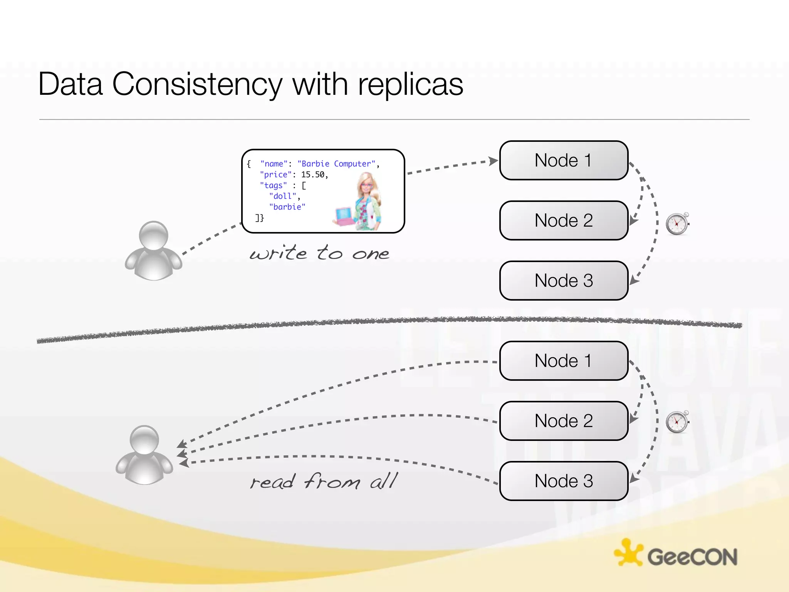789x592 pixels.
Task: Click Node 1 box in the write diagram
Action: click(564, 160)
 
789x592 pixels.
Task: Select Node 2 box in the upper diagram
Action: click(564, 220)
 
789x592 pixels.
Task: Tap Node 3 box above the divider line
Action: click(564, 281)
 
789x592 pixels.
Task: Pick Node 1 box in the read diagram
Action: click(564, 361)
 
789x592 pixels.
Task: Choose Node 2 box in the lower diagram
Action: click(564, 421)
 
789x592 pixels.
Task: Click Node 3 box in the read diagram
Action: click(564, 481)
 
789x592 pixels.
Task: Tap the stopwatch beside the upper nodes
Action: click(677, 224)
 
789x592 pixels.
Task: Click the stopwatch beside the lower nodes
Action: click(677, 422)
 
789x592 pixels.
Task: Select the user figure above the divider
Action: click(153, 251)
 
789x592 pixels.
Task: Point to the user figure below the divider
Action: click(144, 455)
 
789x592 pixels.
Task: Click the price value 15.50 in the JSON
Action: click(313, 175)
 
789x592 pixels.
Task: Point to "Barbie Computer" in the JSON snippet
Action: click(336, 164)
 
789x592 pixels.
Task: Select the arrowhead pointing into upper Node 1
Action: click(493, 161)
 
